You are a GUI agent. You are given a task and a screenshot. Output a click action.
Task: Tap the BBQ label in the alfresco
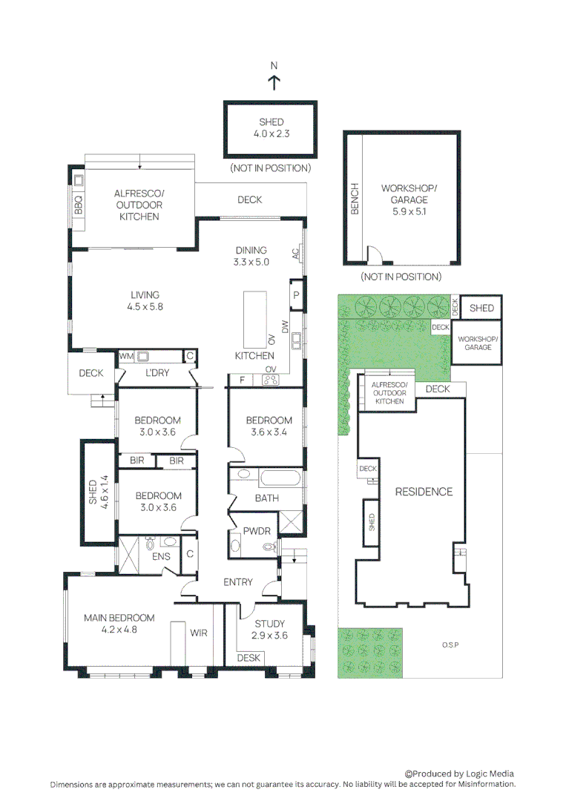[79, 204]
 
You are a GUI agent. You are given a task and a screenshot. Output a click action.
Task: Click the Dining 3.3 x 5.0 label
[251, 256]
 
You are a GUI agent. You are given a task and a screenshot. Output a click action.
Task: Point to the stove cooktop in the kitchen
[270, 380]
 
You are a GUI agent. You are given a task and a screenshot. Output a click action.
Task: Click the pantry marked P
[296, 294]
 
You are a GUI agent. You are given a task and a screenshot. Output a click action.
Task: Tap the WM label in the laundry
[126, 356]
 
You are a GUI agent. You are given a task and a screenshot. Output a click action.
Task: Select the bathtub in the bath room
[266, 477]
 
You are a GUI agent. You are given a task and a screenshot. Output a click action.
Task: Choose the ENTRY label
[237, 582]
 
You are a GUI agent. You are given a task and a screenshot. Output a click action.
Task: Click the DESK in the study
[249, 658]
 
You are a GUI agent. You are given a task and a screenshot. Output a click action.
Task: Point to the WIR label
[199, 633]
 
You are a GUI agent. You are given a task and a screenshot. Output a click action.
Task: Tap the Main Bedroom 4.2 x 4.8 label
[119, 624]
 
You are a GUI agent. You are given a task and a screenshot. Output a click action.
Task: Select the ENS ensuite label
[161, 556]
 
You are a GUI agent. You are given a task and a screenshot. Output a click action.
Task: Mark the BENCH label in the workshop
[355, 199]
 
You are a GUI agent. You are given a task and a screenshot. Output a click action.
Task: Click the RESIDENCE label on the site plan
[423, 492]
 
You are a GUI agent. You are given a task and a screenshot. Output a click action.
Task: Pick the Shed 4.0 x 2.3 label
[271, 128]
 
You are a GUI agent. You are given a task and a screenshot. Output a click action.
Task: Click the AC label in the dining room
[295, 253]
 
